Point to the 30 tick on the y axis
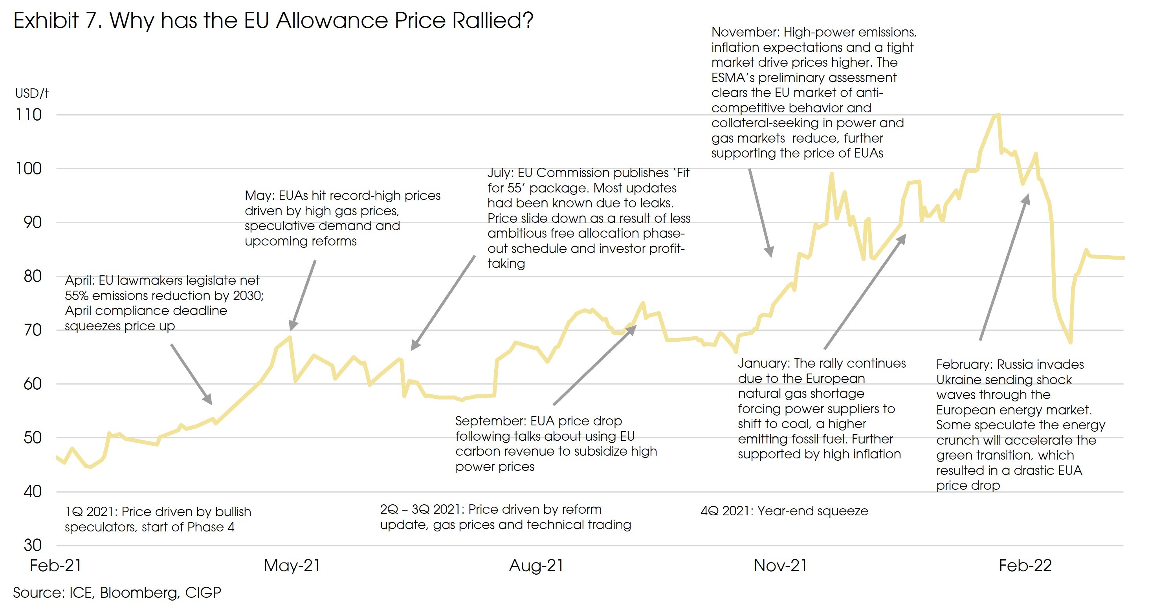(32, 545)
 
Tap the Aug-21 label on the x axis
(536, 566)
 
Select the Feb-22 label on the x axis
(1025, 566)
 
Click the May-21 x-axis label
(292, 566)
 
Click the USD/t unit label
(32, 93)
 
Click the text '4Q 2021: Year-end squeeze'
(784, 511)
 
